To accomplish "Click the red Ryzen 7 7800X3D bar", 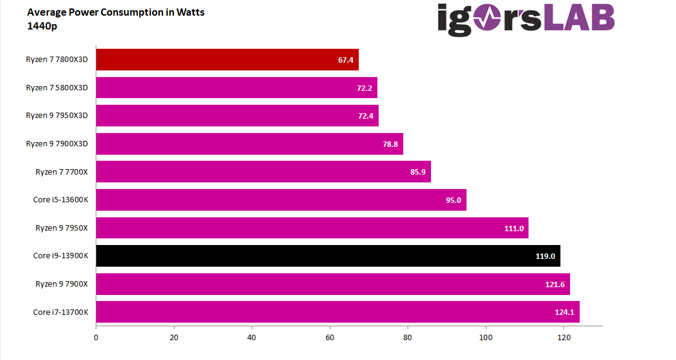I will point(227,60).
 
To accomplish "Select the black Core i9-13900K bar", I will point(328,256).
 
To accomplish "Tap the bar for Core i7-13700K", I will point(337,312).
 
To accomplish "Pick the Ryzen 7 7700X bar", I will point(263,172).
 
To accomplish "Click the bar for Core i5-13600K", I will point(281,200).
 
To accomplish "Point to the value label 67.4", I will point(346,60).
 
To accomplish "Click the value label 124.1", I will point(565,312).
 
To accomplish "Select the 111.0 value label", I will point(514,228).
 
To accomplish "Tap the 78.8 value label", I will point(390,144).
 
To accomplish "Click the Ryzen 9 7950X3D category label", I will point(57,116).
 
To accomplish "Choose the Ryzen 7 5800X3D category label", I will point(57,88).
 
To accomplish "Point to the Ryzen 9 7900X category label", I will point(62,284).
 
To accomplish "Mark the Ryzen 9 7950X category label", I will point(62,228).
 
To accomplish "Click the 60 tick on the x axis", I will point(330,337).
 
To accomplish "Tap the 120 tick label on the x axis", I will point(563,337).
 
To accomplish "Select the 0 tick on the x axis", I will point(96,337).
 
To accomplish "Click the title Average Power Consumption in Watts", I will point(116,13).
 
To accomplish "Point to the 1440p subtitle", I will point(42,26).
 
